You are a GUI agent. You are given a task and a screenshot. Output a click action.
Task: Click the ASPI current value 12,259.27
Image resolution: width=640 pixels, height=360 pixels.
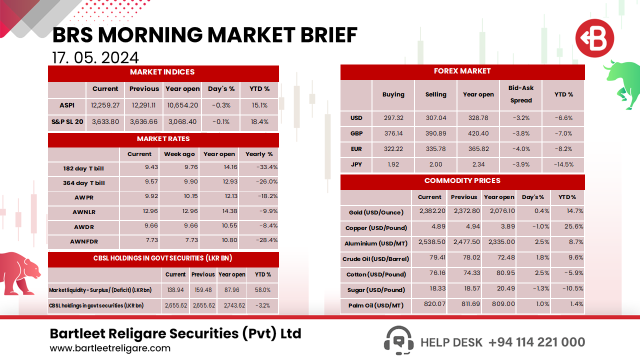pyautogui.click(x=105, y=105)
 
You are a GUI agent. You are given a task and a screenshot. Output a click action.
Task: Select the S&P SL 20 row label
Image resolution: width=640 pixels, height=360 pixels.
pyautogui.click(x=67, y=121)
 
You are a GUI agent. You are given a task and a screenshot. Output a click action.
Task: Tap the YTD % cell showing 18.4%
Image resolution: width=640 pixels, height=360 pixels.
pyautogui.click(x=259, y=121)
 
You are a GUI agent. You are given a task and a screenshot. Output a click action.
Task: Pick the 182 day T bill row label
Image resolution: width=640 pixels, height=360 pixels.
pyautogui.click(x=83, y=168)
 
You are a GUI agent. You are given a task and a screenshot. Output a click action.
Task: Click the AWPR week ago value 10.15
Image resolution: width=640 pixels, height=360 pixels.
pyautogui.click(x=178, y=197)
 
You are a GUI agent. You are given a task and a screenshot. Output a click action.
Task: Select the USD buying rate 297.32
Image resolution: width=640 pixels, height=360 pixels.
pyautogui.click(x=393, y=118)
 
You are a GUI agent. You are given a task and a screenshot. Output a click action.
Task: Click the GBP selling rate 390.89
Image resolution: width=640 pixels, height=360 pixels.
pyautogui.click(x=435, y=133)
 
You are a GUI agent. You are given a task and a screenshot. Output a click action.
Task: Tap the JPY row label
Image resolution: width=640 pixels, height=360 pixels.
pyautogui.click(x=356, y=164)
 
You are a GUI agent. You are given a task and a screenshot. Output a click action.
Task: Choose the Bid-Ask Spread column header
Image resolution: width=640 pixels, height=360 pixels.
pyautogui.click(x=521, y=94)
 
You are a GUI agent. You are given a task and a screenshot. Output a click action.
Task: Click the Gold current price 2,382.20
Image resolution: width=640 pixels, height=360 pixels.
pyautogui.click(x=429, y=212)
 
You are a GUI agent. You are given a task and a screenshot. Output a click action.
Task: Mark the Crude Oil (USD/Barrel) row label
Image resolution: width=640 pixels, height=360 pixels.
pyautogui.click(x=375, y=259)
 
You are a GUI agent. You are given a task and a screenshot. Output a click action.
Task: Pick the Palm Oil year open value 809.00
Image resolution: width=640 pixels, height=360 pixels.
pyautogui.click(x=499, y=304)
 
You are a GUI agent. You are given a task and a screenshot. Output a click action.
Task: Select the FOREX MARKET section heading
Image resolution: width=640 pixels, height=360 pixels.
pyautogui.click(x=462, y=71)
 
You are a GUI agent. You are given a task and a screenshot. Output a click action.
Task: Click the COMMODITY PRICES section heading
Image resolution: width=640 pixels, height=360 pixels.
pyautogui.click(x=462, y=181)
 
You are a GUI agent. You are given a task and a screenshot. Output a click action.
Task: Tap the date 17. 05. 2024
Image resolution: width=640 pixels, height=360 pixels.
pyautogui.click(x=95, y=57)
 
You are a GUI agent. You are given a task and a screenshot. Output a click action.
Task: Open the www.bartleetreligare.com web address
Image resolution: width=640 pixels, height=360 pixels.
pyautogui.click(x=110, y=348)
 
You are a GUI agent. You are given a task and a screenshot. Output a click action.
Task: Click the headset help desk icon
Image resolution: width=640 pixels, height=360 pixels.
pyautogui.click(x=398, y=340)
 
